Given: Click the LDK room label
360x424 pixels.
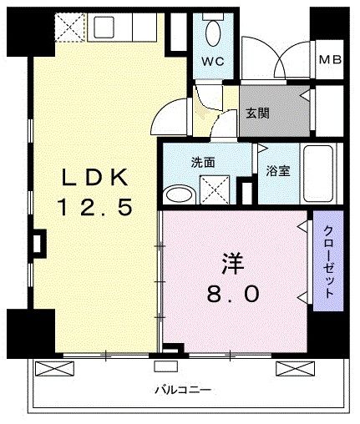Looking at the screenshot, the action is tap(94, 177).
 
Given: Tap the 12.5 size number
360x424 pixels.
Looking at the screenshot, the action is tap(94, 207).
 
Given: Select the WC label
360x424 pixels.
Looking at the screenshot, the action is tap(213, 61).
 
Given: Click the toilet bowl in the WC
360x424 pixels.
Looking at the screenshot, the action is tap(213, 33).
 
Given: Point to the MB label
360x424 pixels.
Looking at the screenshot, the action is tap(330, 59).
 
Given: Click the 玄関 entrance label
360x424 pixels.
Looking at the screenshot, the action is tap(257, 114).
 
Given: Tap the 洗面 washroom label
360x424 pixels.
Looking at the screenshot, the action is tap(203, 163).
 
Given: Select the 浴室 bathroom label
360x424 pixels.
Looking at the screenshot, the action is tap(278, 171).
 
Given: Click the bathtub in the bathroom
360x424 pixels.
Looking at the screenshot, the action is tap(318, 174).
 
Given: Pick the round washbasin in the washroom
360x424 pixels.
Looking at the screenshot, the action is tap(180, 194).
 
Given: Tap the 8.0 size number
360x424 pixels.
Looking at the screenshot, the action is tap(233, 294).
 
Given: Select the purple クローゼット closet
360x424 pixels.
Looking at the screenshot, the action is tap(328, 260).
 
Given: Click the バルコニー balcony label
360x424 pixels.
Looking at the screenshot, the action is tap(183, 390).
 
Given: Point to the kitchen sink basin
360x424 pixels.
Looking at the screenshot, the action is tap(104, 28).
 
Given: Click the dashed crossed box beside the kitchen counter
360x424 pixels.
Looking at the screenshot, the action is tap(69, 28).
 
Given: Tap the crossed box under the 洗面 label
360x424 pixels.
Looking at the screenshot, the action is tap(215, 189).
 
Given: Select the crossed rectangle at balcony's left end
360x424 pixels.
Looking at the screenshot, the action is tap(54, 369).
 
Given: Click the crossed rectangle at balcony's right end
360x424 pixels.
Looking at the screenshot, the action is tap(295, 369).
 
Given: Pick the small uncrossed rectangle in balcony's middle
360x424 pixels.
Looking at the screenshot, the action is tap(166, 366).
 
